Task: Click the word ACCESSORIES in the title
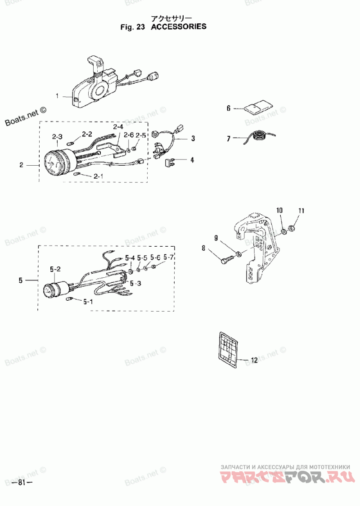178,27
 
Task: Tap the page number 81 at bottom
22,483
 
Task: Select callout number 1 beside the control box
57,96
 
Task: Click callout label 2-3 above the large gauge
57,137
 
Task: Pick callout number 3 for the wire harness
193,139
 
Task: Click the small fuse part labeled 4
169,162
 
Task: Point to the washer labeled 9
239,254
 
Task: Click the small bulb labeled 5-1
69,299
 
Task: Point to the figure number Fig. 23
133,27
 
